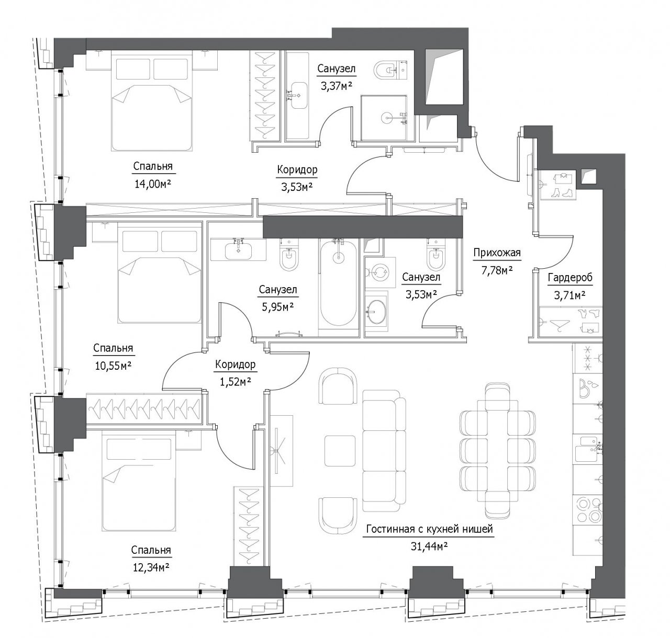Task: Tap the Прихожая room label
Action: coord(497,253)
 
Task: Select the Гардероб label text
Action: coord(570,278)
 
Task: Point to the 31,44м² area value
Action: coord(429,546)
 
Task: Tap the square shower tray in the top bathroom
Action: coord(384,118)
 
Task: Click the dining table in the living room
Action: coord(497,451)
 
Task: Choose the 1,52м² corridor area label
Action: coord(236,382)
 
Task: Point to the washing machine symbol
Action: coord(380,273)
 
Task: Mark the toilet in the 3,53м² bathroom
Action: coord(435,255)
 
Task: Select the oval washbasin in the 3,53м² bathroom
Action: coord(376,312)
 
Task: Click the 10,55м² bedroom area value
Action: coord(113,366)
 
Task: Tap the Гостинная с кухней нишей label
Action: coord(429,529)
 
